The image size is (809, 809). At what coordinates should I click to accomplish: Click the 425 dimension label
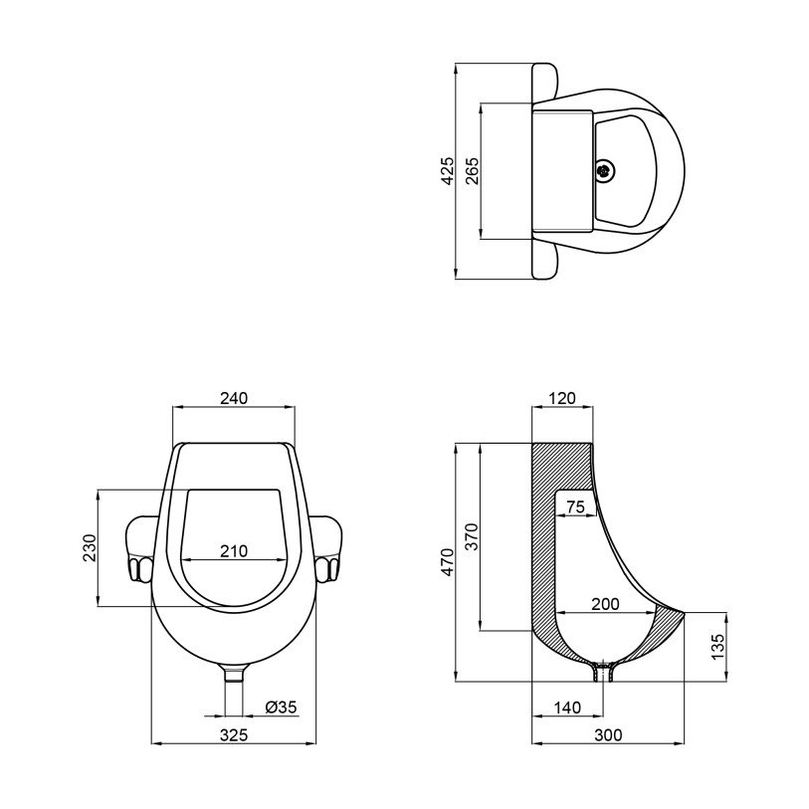(x=448, y=171)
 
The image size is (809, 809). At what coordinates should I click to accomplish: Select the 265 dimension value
(x=472, y=171)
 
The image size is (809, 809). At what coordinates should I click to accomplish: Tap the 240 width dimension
(x=234, y=398)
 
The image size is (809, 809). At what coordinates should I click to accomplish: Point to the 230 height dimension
(x=90, y=548)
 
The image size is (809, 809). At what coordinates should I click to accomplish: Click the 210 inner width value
(x=234, y=551)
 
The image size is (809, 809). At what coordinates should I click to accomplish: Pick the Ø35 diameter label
(x=282, y=707)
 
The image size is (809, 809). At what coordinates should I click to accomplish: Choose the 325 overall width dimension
(x=234, y=734)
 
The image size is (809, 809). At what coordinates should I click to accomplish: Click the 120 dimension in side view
(x=562, y=398)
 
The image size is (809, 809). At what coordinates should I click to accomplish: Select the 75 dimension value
(x=576, y=507)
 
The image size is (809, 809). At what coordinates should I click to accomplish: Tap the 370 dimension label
(x=472, y=537)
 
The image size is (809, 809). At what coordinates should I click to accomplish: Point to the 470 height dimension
(x=448, y=562)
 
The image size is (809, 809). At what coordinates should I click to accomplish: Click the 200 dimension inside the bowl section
(x=605, y=604)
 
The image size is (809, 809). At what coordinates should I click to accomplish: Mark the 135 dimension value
(x=717, y=647)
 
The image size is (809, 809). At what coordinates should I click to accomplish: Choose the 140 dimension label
(x=567, y=707)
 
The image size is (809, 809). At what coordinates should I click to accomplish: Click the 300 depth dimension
(x=608, y=734)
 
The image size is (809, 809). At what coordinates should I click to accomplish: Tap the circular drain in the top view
(x=605, y=171)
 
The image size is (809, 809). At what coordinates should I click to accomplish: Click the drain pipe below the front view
(x=234, y=691)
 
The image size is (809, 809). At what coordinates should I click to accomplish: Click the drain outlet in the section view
(x=603, y=671)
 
